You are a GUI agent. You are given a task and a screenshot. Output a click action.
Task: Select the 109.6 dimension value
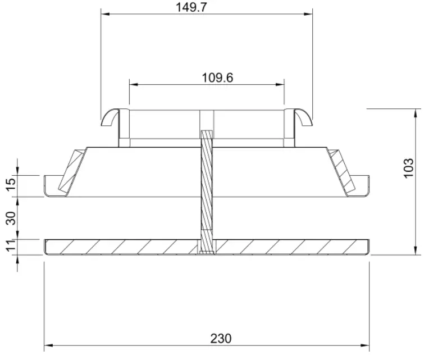pos(217,78)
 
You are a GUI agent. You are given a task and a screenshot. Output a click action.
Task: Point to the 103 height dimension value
pos(409,168)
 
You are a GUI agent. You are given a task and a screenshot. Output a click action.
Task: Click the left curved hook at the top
pos(110,116)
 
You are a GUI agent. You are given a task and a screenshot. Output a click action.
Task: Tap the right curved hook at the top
pos(303,116)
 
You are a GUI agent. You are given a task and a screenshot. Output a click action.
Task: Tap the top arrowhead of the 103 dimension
pos(416,112)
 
